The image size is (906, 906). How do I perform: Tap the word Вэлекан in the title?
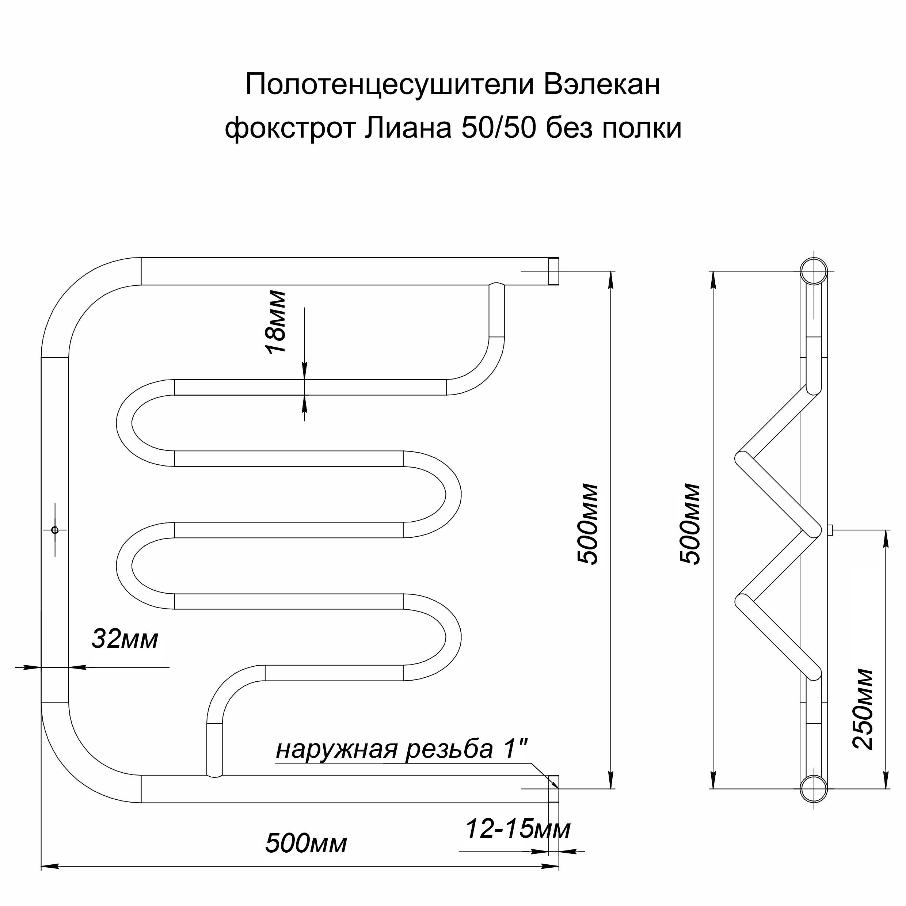(602, 84)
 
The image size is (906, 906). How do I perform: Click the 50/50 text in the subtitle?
(498, 128)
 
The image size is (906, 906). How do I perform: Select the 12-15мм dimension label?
(518, 829)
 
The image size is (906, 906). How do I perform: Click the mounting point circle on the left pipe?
(55, 530)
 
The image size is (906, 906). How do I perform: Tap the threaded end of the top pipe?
(554, 271)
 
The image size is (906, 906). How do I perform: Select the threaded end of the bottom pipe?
(554, 789)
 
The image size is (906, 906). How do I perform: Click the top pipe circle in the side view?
(814, 271)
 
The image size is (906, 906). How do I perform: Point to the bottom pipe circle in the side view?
(814, 789)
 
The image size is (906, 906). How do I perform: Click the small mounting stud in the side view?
(830, 530)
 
